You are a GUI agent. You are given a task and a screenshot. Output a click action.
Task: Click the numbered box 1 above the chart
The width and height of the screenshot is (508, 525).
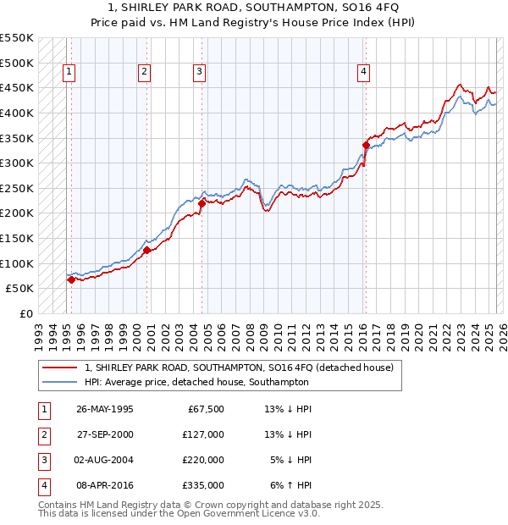[69, 73]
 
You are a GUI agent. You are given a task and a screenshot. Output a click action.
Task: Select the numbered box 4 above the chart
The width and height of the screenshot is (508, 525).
[363, 73]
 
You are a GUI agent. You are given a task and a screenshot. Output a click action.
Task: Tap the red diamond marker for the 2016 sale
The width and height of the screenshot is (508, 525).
[366, 145]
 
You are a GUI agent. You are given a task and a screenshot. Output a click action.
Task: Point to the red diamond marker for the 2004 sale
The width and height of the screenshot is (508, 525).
[202, 203]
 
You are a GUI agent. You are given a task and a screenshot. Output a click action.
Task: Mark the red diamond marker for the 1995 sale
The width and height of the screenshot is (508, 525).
[70, 279]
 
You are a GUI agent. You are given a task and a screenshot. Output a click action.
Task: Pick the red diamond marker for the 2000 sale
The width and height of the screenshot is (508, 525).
[146, 250]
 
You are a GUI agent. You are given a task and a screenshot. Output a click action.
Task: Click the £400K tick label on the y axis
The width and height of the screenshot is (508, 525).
[16, 113]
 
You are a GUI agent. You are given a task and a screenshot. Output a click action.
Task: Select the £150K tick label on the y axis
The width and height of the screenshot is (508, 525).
[16, 238]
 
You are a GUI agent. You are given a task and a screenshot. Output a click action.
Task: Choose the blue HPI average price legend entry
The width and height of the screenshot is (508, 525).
[196, 383]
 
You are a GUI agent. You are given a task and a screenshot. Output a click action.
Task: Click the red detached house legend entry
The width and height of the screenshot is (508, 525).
[239, 368]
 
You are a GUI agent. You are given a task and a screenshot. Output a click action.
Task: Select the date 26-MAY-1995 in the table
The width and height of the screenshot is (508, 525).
[105, 409]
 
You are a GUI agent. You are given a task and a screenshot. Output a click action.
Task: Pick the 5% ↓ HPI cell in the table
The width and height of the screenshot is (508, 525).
[291, 460]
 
